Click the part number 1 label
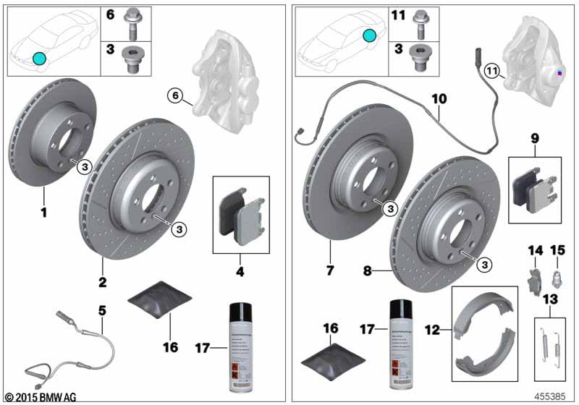(43, 213)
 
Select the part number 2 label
(103, 281)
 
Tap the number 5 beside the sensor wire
(102, 310)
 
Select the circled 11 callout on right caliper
(491, 71)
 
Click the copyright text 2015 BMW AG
(39, 397)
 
